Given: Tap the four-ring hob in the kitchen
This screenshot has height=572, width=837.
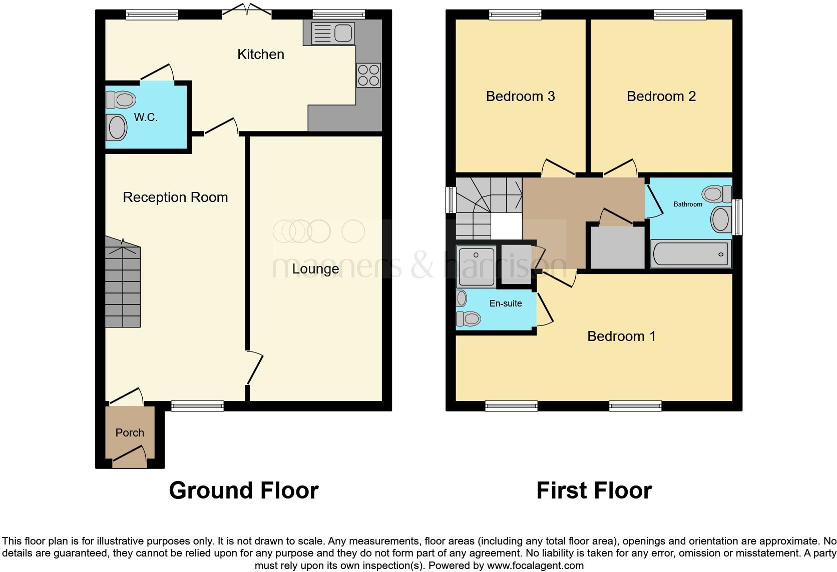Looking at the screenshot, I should click(x=368, y=75).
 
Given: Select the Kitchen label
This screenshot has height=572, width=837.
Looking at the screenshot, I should click(x=260, y=54).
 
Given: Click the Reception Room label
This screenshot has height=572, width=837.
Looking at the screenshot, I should click(x=175, y=197).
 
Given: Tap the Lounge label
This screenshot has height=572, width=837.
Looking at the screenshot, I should click(x=315, y=269).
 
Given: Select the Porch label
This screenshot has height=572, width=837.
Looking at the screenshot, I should click(x=130, y=432).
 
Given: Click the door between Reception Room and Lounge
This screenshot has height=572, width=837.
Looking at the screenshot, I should click(x=255, y=368).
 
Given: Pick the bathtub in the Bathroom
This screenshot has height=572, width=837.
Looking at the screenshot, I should click(x=690, y=254).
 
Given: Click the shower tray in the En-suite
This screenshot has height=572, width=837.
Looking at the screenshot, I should click(x=476, y=266).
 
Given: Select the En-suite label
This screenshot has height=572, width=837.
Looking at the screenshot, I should click(x=506, y=303).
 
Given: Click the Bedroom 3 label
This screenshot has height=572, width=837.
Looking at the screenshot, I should click(x=520, y=96).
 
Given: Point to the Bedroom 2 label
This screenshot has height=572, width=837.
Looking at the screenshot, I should click(x=661, y=96).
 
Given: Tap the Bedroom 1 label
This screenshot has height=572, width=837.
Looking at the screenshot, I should click(x=621, y=336).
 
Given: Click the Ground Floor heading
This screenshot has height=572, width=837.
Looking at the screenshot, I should click(x=244, y=490).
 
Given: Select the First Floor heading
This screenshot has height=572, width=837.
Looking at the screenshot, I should click(x=594, y=490).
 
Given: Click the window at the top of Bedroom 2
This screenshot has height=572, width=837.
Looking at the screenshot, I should click(x=680, y=15).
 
